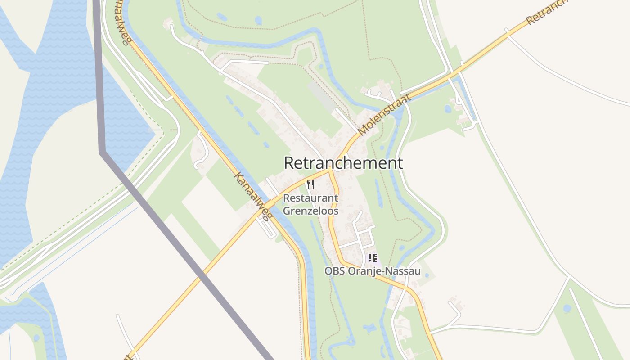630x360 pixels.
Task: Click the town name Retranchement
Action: (343, 163)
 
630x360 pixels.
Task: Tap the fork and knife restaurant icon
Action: (310, 184)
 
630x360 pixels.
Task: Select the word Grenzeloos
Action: (310, 210)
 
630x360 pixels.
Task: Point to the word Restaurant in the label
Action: (310, 198)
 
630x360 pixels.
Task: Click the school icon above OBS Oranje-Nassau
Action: (372, 258)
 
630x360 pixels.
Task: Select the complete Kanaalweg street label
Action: (252, 196)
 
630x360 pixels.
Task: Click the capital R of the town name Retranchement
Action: (289, 163)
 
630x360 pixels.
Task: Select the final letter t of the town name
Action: (400, 163)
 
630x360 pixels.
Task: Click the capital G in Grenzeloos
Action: (287, 210)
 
